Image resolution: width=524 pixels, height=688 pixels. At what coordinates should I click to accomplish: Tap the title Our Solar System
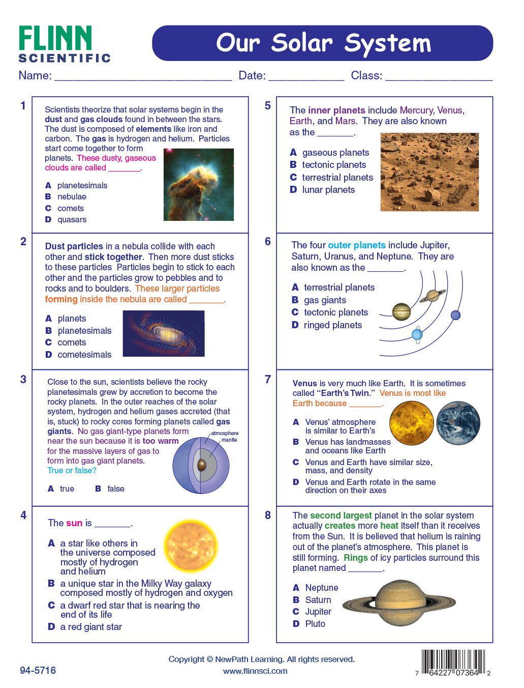click(x=323, y=43)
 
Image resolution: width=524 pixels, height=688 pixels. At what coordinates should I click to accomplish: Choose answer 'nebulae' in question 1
click(x=72, y=197)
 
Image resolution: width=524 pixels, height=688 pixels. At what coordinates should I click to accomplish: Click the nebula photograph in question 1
click(x=198, y=184)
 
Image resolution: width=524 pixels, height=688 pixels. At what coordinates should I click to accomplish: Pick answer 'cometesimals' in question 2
click(x=84, y=355)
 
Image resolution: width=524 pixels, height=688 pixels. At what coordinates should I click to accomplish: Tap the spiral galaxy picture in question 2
click(x=164, y=333)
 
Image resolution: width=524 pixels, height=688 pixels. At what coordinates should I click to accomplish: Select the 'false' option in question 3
click(x=115, y=489)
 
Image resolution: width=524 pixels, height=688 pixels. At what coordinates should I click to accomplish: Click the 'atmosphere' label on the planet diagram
click(x=225, y=434)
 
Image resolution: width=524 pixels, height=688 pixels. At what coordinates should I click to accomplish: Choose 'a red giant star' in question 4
click(x=91, y=627)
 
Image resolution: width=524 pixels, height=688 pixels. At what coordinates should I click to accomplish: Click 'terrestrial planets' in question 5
click(x=337, y=178)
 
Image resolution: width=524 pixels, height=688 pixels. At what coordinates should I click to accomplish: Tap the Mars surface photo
click(x=429, y=172)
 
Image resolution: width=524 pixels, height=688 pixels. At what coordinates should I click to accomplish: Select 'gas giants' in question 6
click(x=325, y=300)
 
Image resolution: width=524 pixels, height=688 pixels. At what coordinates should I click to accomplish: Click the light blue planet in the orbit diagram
click(x=417, y=334)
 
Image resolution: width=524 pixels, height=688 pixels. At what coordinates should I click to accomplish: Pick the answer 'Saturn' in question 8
click(x=318, y=600)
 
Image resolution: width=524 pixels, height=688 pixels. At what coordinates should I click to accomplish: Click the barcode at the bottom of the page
click(x=450, y=662)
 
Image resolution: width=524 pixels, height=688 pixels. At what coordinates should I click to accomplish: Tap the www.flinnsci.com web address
click(x=255, y=671)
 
